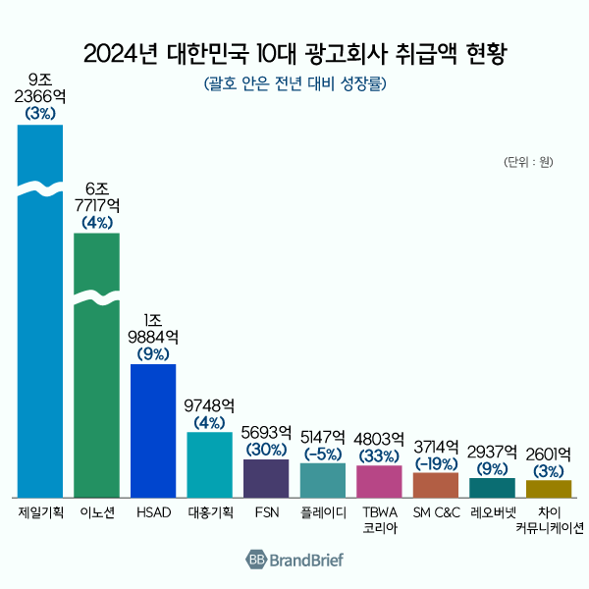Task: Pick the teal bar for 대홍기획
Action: click(x=209, y=464)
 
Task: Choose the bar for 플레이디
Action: click(x=322, y=480)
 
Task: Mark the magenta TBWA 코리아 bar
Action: click(x=379, y=481)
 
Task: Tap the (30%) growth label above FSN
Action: click(x=265, y=449)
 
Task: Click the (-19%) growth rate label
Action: click(x=436, y=462)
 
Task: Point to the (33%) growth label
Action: click(x=379, y=455)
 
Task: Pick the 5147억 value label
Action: click(x=322, y=437)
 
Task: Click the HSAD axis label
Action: click(x=152, y=513)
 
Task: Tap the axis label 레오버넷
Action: click(x=492, y=513)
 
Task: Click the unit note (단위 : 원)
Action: click(x=529, y=161)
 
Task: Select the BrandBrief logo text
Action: click(x=307, y=560)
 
